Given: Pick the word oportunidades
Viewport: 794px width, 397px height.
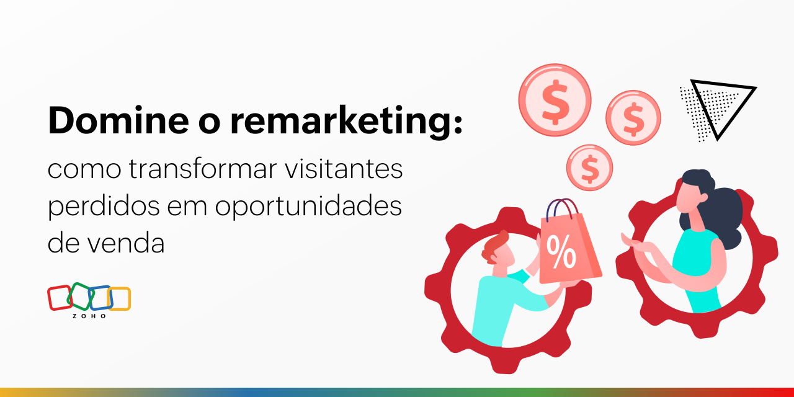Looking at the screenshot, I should [x=308, y=207].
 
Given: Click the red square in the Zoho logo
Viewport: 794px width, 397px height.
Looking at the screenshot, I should [x=60, y=298].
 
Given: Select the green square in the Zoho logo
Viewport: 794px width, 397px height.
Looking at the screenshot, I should [x=79, y=296].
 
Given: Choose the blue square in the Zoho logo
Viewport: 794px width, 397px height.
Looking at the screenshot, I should [x=100, y=298].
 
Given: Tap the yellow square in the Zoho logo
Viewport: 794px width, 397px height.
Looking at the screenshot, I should [x=120, y=298].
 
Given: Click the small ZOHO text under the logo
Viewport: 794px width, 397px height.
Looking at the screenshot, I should [x=89, y=316].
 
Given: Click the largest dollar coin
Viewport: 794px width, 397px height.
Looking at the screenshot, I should [x=555, y=100].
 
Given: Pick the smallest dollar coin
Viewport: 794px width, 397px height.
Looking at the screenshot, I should [x=589, y=167].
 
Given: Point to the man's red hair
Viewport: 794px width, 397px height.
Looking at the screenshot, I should [x=494, y=245].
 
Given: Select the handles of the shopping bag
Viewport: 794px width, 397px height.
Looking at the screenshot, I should [x=562, y=208].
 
